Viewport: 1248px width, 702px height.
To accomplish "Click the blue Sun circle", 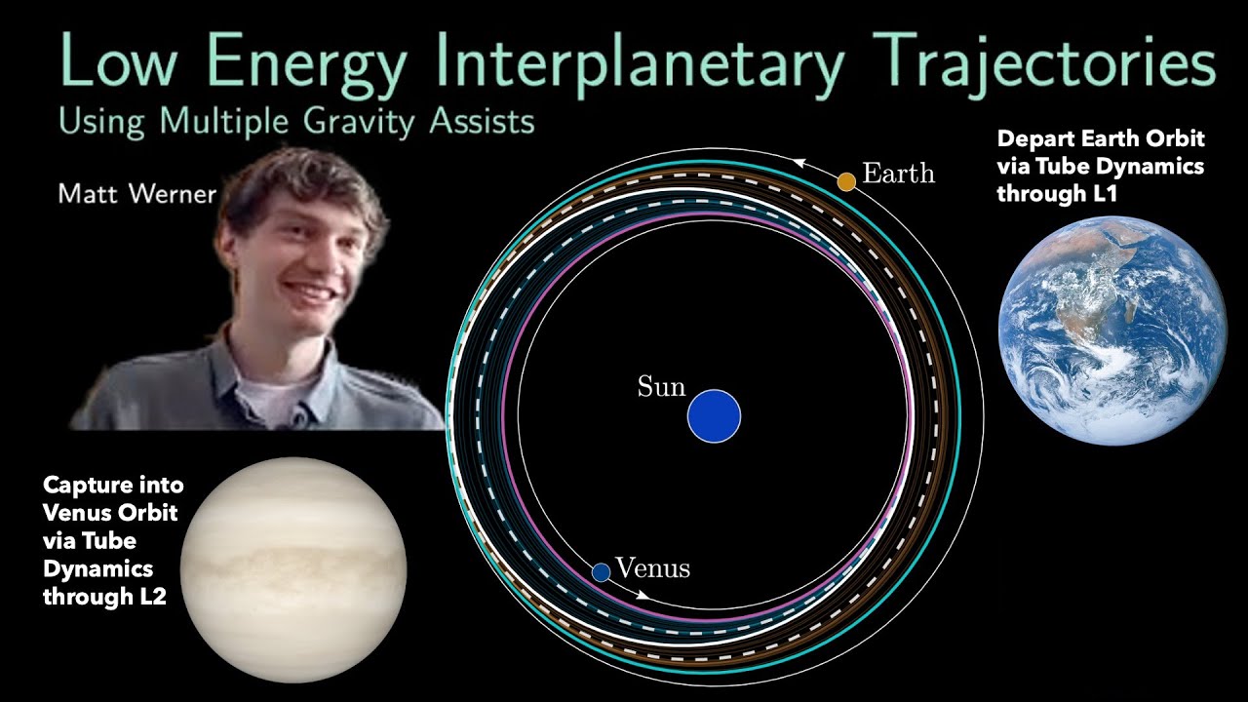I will [x=714, y=416].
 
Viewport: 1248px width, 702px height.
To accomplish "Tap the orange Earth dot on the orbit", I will [x=846, y=180].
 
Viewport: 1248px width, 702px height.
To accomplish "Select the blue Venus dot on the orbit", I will [x=601, y=571].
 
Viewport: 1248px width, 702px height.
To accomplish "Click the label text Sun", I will [x=661, y=387].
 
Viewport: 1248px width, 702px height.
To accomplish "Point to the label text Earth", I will [x=898, y=174].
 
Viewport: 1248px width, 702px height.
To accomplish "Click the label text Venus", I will [x=653, y=568].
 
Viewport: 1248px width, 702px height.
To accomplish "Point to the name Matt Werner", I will [x=136, y=193].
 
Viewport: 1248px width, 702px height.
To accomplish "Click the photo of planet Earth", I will [x=1111, y=331].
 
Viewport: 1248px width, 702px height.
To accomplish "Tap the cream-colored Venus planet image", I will [x=292, y=569].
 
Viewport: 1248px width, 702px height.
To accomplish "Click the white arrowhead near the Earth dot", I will [x=800, y=164].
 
